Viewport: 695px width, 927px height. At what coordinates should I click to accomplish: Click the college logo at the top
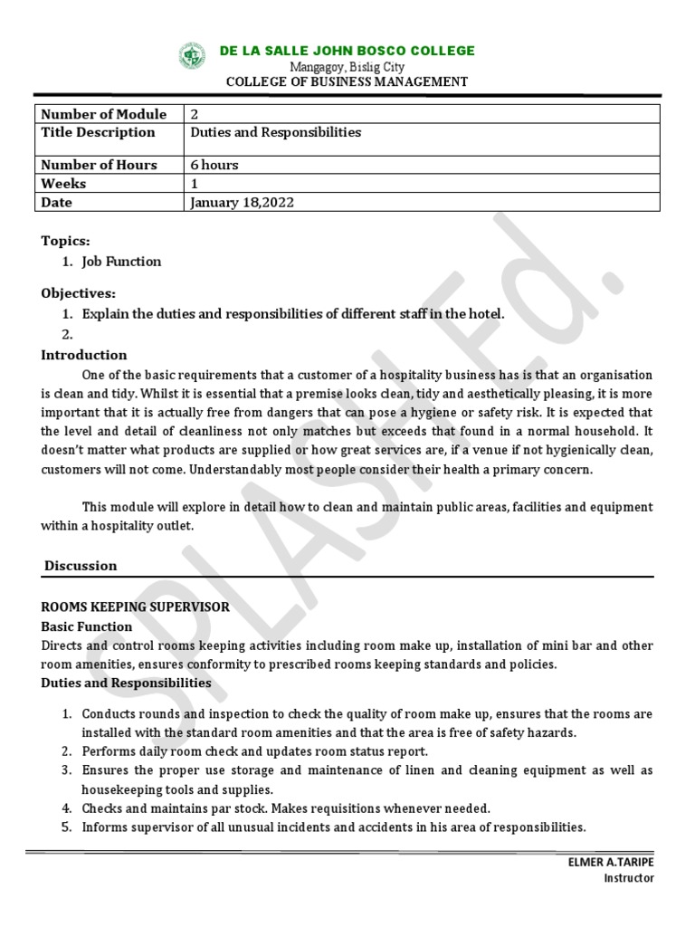pos(193,57)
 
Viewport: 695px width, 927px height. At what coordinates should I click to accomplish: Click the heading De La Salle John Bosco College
pos(347,51)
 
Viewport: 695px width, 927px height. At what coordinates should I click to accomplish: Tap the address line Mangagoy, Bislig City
pos(347,67)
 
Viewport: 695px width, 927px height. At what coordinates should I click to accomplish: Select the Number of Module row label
pos(104,114)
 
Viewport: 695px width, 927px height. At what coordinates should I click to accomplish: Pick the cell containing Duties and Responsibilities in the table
pos(275,132)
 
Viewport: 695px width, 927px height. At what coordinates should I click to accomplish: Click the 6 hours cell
pos(214,165)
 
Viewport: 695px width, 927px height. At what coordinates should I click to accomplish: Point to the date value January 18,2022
pos(242,203)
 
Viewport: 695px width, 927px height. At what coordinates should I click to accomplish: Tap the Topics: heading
pos(65,241)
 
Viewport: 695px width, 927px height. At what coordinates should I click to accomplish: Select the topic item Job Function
pos(121,262)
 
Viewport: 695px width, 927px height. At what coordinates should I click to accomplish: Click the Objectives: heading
pos(78,293)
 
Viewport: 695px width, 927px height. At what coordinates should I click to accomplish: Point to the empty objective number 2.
pos(67,334)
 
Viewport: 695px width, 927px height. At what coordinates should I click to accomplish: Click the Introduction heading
pos(84,355)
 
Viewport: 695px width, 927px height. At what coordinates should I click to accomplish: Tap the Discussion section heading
pos(81,566)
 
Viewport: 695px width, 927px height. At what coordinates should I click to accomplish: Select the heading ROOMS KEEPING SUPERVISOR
pos(135,607)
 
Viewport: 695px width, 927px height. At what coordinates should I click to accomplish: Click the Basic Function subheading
pos(87,626)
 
